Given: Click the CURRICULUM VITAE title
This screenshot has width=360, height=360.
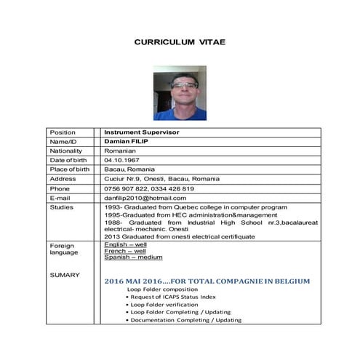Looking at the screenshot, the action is click(x=180, y=42).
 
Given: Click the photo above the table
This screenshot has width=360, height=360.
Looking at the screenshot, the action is click(x=180, y=92).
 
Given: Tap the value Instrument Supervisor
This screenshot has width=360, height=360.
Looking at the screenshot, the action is click(x=142, y=132).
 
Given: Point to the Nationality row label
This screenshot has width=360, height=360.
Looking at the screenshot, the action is click(x=66, y=151).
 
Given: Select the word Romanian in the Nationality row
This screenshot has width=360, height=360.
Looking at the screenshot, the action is click(x=120, y=151).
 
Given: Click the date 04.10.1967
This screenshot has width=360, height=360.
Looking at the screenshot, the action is click(x=122, y=160).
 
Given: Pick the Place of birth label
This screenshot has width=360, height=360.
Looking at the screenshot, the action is click(x=69, y=169).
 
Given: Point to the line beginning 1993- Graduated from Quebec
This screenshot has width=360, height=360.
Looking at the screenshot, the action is click(x=185, y=207).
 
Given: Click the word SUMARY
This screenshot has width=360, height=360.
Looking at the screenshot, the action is click(x=62, y=275).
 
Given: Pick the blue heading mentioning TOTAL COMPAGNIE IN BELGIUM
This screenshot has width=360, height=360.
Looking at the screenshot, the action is click(x=207, y=281).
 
